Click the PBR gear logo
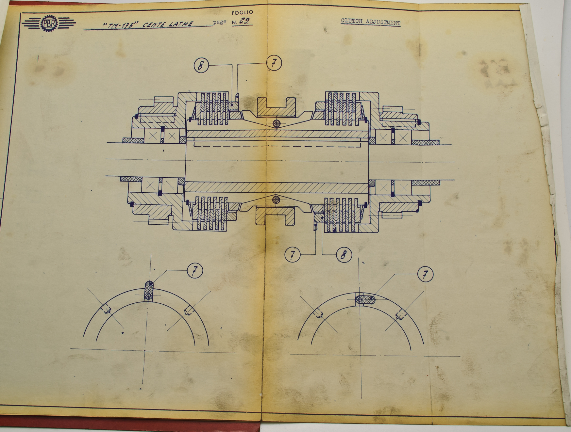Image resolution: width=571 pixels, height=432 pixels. (x=49, y=24)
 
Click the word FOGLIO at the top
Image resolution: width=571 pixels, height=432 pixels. (x=242, y=13)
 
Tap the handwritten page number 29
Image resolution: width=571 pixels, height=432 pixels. (x=244, y=21)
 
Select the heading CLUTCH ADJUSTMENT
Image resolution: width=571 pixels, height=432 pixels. (x=370, y=22)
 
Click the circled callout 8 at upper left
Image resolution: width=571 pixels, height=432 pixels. (x=201, y=65)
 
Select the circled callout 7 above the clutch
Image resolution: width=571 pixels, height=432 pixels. (x=274, y=63)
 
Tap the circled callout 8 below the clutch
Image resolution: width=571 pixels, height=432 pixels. (x=344, y=255)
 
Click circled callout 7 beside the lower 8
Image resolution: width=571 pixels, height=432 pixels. (x=292, y=254)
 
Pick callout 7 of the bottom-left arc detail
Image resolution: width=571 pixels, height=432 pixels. (x=195, y=271)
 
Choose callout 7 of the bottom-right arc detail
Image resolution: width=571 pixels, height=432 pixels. (x=425, y=274)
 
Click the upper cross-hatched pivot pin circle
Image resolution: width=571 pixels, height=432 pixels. (x=277, y=123)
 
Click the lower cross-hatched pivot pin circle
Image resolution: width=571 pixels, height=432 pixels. (x=276, y=199)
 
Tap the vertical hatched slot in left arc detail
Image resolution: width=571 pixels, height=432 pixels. (x=149, y=291)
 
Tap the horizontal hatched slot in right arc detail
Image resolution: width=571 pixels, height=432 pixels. (x=365, y=300)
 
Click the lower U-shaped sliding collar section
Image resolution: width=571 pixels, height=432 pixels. (x=275, y=216)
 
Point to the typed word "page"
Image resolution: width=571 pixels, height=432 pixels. (x=219, y=22)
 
